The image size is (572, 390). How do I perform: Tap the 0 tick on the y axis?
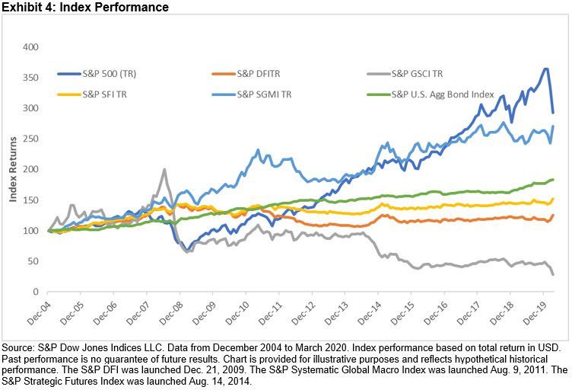(x=33, y=292)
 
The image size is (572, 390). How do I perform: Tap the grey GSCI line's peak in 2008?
(x=164, y=170)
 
